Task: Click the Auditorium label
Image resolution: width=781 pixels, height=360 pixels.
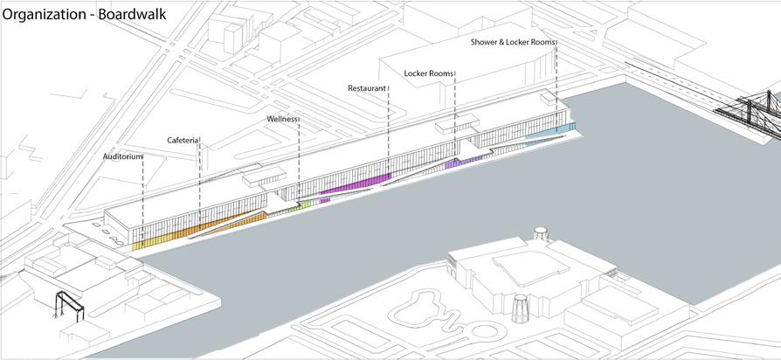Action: pos(122,156)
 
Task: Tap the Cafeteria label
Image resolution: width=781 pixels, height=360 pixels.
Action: pos(183,140)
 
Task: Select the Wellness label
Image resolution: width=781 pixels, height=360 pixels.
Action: pos(283,118)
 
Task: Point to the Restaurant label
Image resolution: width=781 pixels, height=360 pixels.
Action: pos(367,88)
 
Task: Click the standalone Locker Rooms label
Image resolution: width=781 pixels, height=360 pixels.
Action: pos(429,73)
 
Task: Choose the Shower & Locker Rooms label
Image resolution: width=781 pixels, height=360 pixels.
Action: pos(513,42)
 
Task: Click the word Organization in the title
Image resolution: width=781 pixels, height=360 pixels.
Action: pos(46,14)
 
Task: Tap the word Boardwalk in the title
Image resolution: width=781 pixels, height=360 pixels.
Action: pos(135,14)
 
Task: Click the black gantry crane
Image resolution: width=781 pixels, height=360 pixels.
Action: pos(68,305)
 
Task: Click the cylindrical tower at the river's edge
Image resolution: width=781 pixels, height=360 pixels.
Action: pos(522,310)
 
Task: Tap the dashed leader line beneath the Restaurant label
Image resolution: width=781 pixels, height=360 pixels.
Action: pos(388,131)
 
